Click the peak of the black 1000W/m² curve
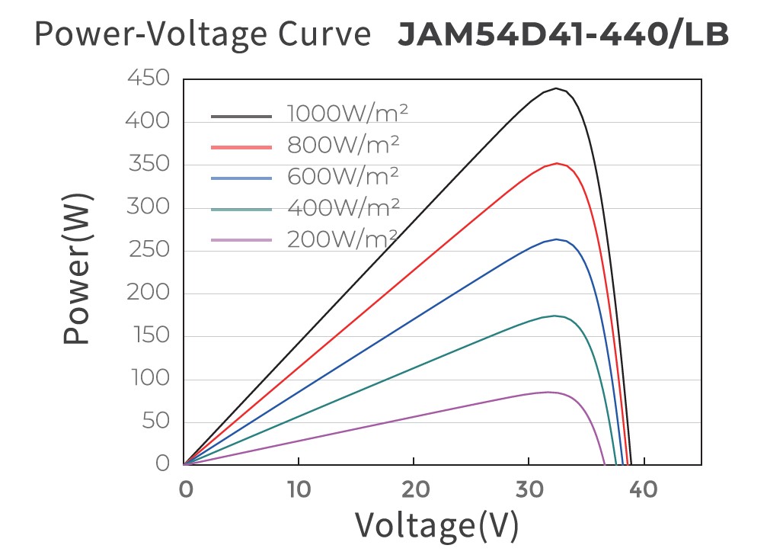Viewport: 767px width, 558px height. point(558,88)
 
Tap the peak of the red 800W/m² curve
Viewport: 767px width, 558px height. point(558,163)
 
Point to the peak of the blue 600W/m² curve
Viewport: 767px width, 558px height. point(557,239)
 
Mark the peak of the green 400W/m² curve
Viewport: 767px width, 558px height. point(556,316)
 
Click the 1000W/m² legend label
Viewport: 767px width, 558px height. point(348,114)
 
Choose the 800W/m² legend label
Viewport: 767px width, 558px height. point(344,146)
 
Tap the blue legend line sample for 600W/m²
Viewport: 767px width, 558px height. point(241,178)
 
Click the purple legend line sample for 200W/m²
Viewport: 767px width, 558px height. point(241,240)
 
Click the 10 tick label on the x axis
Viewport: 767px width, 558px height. point(299,489)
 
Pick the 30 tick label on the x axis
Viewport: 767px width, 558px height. point(529,489)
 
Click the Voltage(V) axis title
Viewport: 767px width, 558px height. point(436,525)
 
